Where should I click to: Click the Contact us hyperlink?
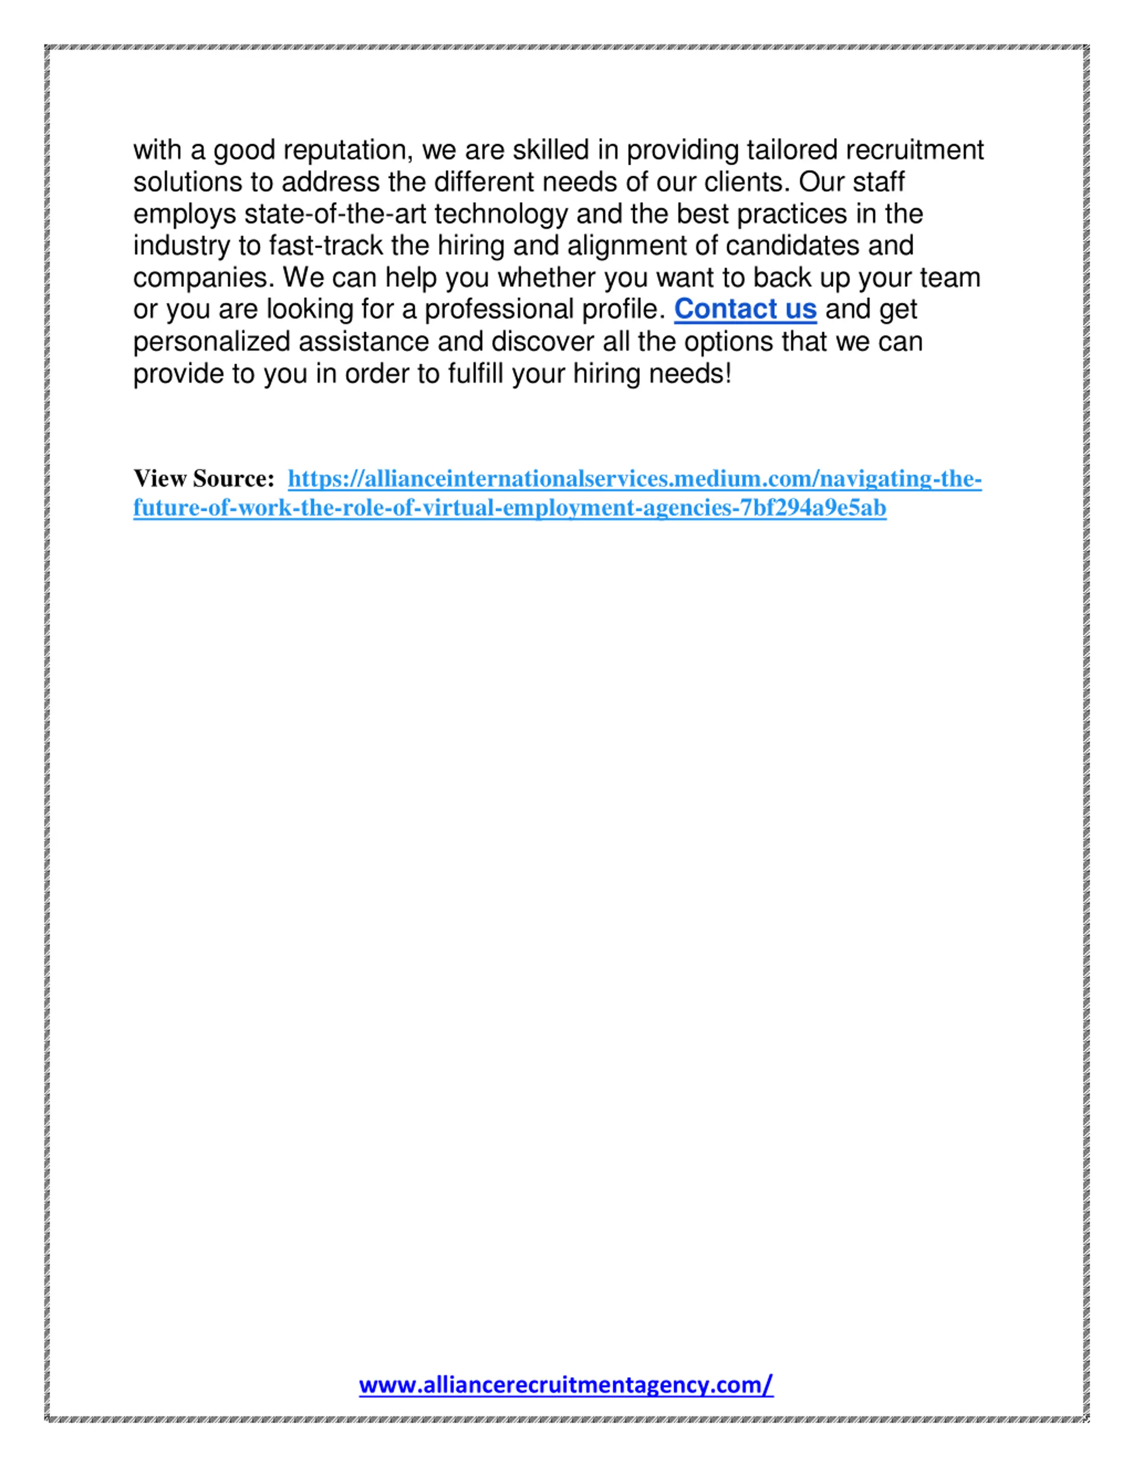pos(745,309)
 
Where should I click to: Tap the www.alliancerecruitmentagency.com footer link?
pos(566,1385)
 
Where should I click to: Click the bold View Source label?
pos(204,479)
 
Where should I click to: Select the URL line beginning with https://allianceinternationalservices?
pos(634,479)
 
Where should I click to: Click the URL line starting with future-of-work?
pos(509,508)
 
